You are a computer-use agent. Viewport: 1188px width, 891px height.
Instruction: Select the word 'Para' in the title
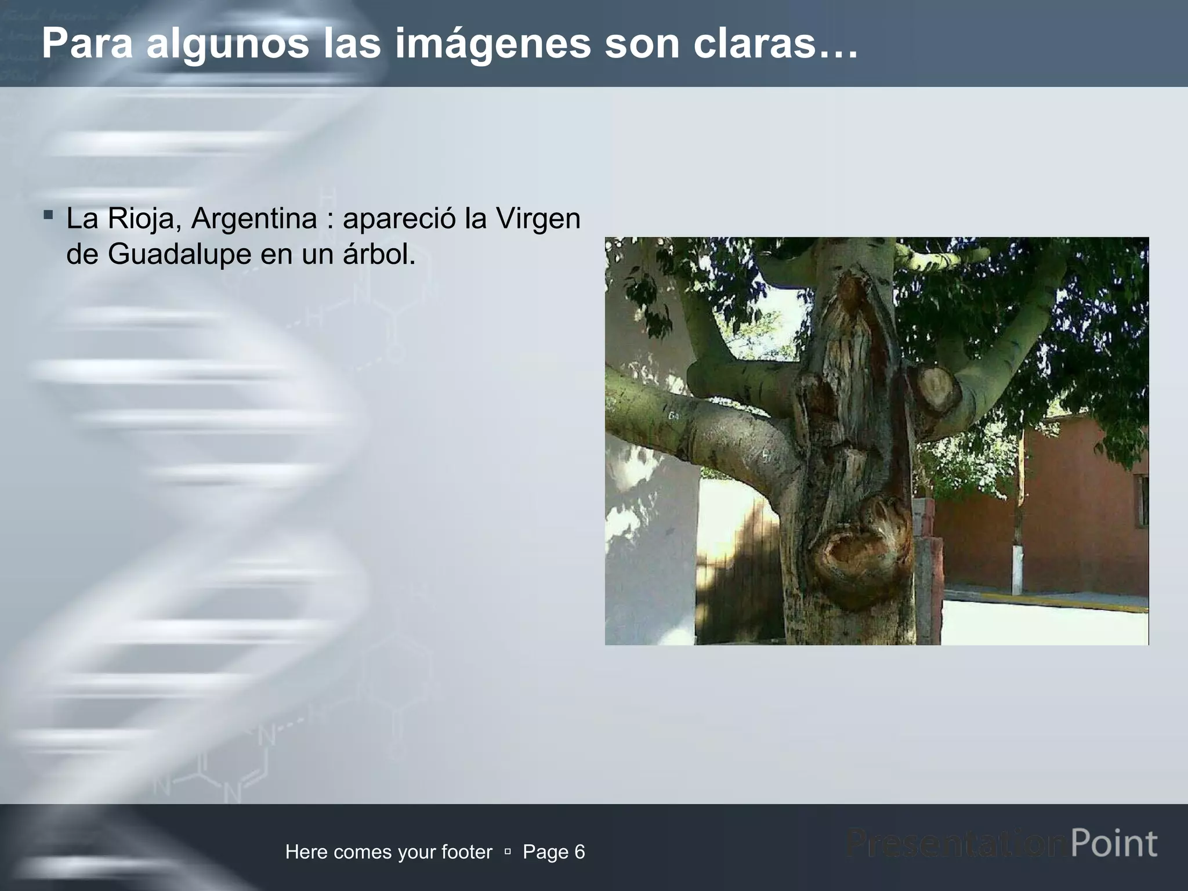click(x=88, y=44)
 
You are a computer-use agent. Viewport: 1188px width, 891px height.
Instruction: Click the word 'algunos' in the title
click(x=227, y=44)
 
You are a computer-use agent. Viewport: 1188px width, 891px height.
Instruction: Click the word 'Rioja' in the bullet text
click(x=142, y=219)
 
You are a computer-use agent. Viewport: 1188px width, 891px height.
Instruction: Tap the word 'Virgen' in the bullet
click(x=538, y=219)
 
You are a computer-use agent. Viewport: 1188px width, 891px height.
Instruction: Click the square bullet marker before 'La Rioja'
click(x=48, y=216)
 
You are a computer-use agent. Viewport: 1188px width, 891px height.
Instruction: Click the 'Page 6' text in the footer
click(x=553, y=852)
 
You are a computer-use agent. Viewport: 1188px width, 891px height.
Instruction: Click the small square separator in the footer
click(x=508, y=852)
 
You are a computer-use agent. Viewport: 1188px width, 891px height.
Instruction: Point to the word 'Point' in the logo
click(x=1114, y=843)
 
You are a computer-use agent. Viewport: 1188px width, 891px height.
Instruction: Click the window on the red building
click(x=1143, y=501)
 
